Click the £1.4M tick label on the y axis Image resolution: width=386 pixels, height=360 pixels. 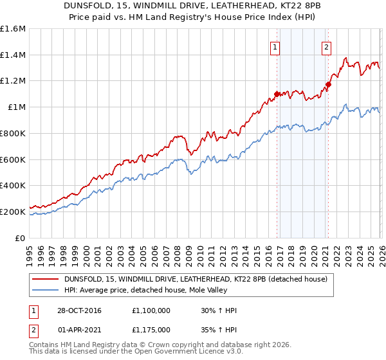(14, 55)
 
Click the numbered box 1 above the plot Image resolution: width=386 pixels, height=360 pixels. (275, 46)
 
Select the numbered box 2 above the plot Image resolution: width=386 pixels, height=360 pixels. (326, 46)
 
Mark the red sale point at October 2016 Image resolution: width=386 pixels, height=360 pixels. (277, 94)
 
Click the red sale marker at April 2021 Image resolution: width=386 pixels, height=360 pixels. (328, 84)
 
